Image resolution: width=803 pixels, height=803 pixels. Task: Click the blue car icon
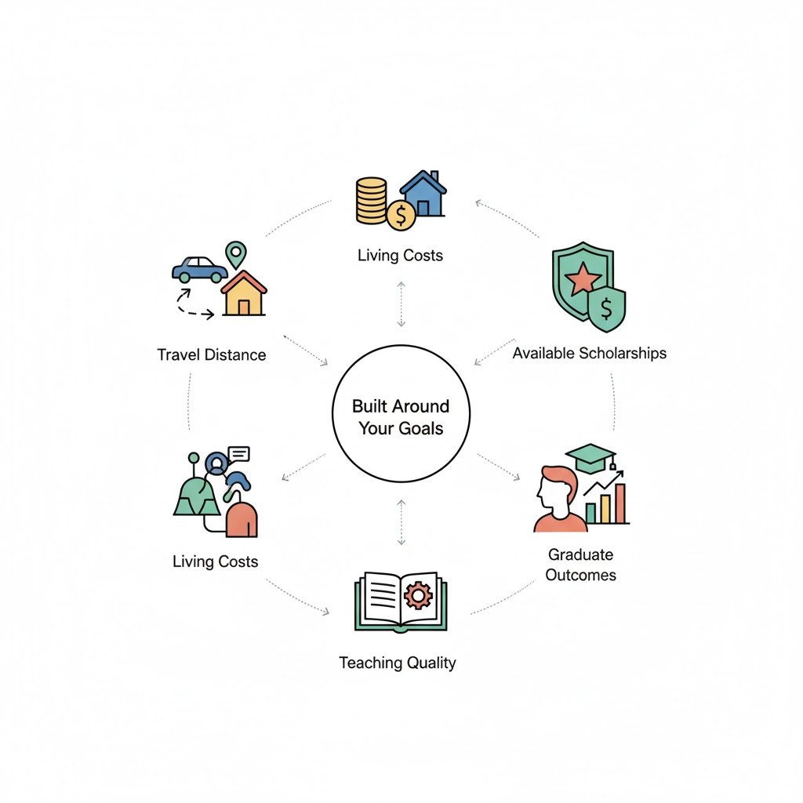[x=199, y=269]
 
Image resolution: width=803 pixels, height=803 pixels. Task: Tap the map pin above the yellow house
[x=235, y=254]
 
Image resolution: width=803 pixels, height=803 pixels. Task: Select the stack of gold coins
[x=371, y=199]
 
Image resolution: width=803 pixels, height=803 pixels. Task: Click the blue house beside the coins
[x=423, y=194]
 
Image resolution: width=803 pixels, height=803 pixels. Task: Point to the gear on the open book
[x=418, y=596]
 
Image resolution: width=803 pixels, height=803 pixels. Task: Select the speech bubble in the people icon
[x=238, y=454]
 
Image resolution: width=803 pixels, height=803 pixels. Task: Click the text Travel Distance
[x=212, y=354]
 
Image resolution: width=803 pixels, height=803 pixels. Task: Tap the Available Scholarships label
[x=590, y=353]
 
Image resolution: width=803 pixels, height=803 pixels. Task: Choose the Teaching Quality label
[x=397, y=663]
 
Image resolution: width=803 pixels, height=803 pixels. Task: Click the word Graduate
[x=580, y=554]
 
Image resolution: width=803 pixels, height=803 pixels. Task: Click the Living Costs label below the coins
[x=400, y=256]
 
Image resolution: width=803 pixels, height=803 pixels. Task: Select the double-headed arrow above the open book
[x=401, y=521]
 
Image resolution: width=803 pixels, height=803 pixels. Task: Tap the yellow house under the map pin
[x=243, y=294]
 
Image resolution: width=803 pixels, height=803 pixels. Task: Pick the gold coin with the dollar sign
[x=401, y=214]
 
